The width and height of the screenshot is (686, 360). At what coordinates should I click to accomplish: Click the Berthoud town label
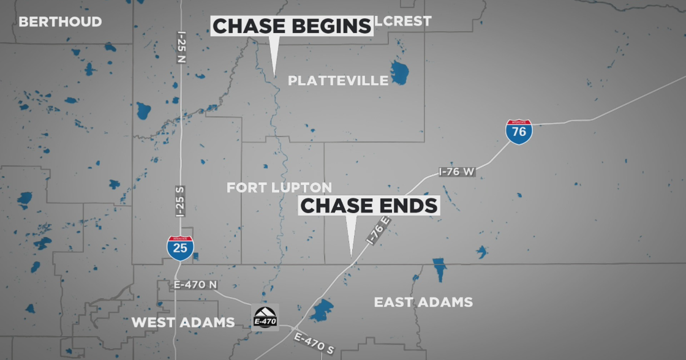click(x=60, y=22)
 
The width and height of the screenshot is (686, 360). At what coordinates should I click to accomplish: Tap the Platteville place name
click(x=337, y=80)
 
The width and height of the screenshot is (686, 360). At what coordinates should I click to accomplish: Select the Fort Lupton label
click(x=279, y=187)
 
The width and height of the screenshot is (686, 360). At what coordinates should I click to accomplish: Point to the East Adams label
click(x=423, y=301)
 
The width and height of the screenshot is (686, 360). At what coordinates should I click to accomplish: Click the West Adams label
click(x=183, y=322)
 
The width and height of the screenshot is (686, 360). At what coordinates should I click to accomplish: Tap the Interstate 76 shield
click(x=519, y=131)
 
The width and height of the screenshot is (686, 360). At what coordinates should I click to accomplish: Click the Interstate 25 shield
click(x=180, y=247)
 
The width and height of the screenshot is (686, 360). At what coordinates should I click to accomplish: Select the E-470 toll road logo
click(x=265, y=317)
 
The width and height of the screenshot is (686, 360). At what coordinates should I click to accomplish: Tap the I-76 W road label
click(x=457, y=172)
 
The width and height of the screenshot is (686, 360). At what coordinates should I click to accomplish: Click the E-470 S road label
click(x=314, y=343)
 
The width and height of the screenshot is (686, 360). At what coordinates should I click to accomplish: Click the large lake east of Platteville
click(x=401, y=72)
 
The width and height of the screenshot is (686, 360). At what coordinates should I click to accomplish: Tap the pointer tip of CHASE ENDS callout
click(x=351, y=255)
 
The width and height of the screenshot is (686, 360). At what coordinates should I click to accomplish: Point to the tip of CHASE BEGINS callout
click(x=274, y=75)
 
